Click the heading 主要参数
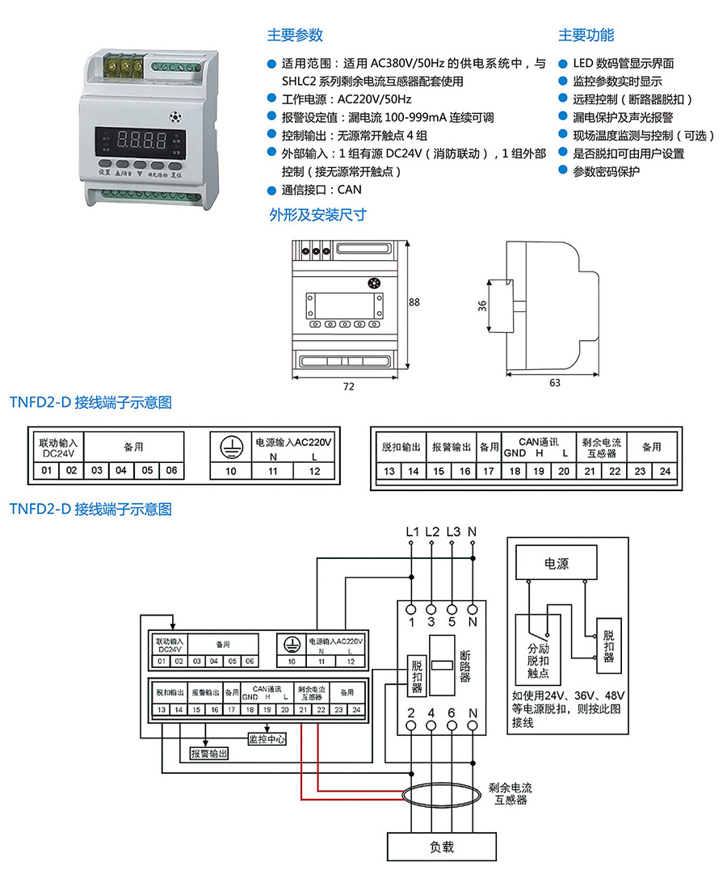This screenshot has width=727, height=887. point(295,36)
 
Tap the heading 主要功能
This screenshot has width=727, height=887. point(586,36)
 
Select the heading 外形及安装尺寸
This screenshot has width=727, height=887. point(317,215)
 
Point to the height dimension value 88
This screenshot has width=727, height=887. point(414,303)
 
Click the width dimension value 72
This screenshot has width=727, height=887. point(348,387)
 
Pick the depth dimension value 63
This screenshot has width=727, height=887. point(554,383)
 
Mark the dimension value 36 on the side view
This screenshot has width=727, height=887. point(482,305)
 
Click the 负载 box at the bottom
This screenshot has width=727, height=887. point(441,847)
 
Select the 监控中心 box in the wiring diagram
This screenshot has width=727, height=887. point(267,739)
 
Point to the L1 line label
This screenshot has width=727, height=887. point(412,532)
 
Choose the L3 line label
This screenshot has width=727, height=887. point(452,532)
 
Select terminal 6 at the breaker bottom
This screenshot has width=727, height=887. point(452,713)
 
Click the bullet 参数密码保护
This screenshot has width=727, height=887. point(606,171)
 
